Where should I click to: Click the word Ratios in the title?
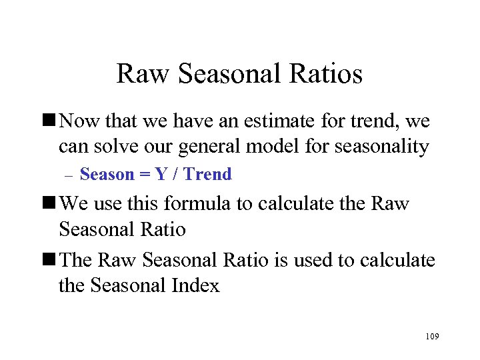pos(327,74)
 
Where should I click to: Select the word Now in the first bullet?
pos(79,121)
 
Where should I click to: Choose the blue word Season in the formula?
pos(107,175)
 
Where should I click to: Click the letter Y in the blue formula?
pos(161,175)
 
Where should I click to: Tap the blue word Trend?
pos(207,175)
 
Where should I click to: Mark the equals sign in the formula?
pos(144,175)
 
